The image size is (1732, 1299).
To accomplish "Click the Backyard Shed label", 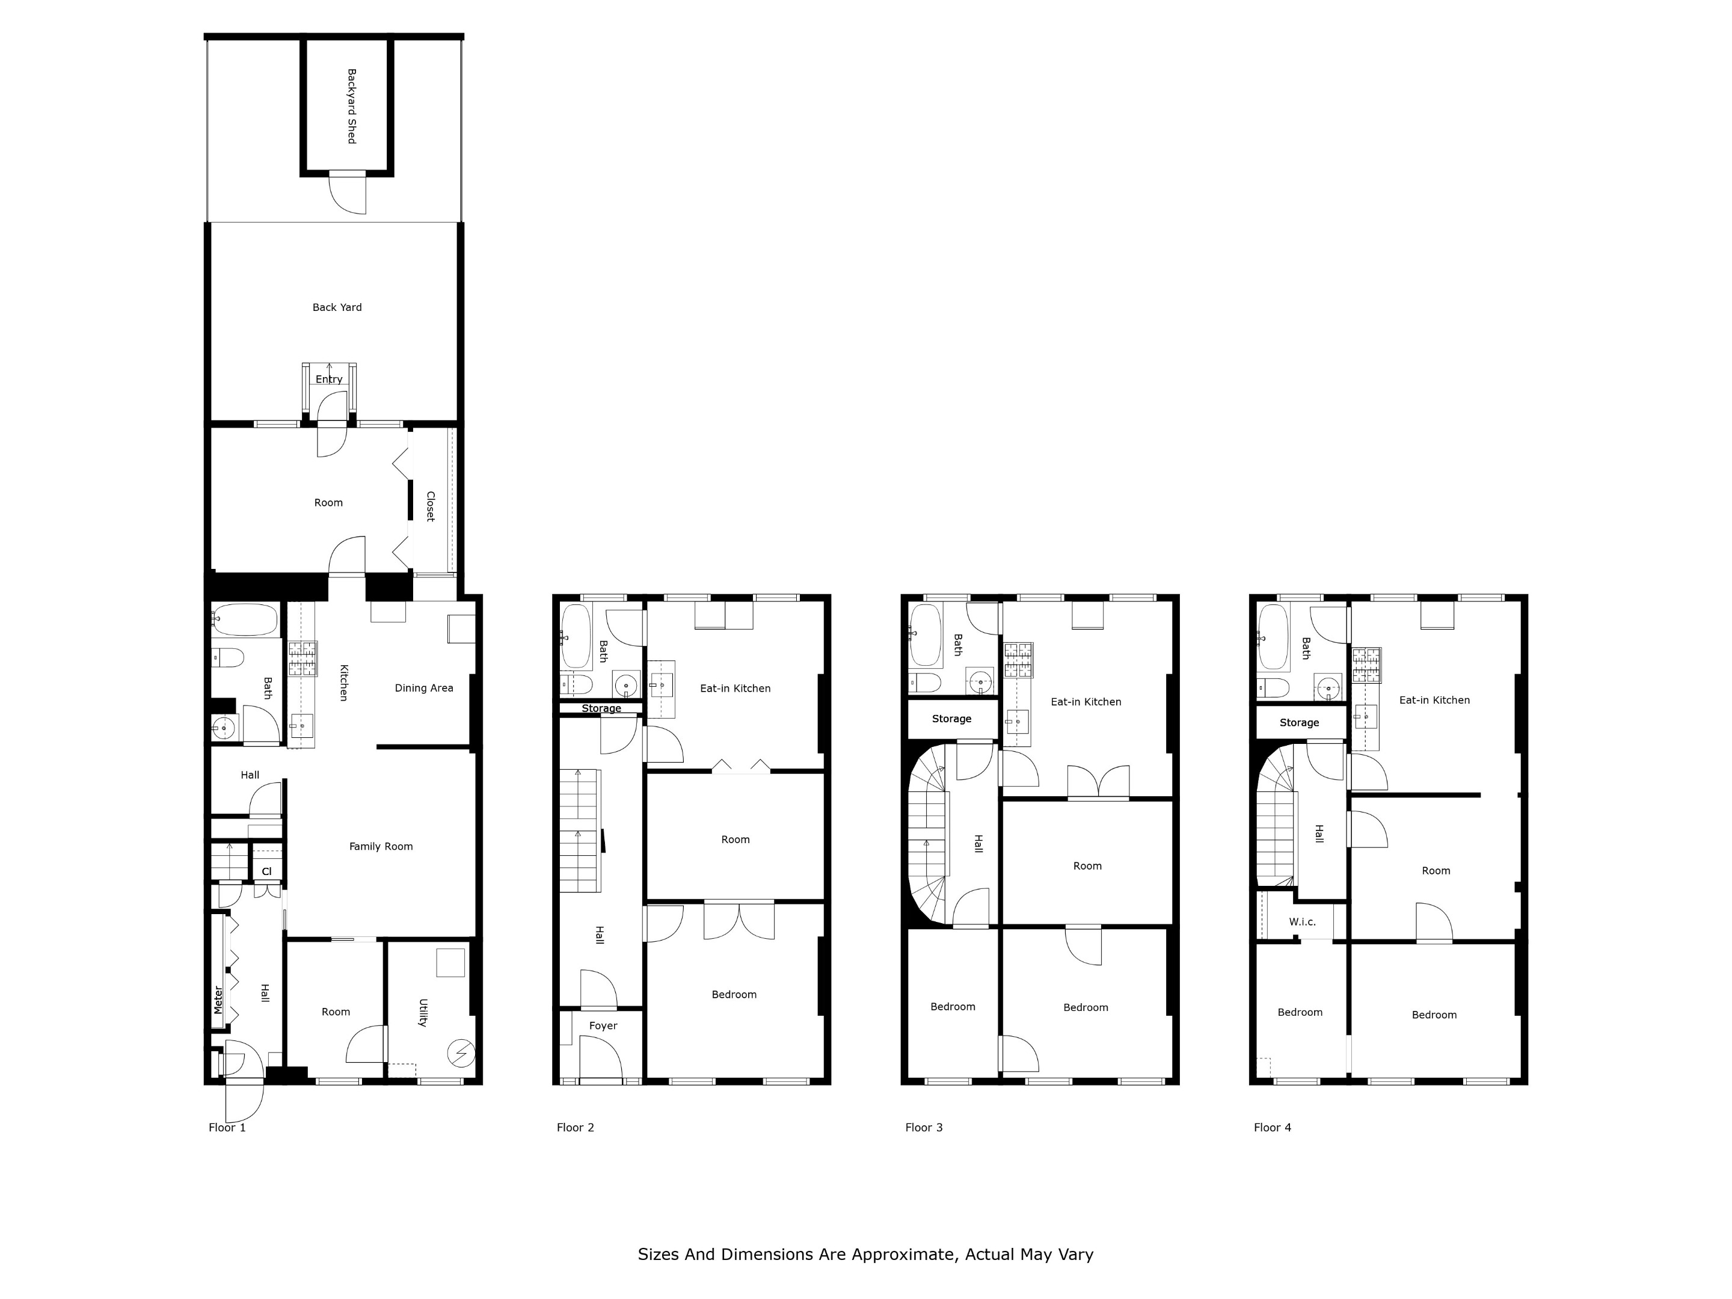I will click(352, 106).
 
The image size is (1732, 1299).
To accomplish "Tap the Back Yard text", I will click(337, 307).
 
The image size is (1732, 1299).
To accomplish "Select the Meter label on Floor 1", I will click(218, 1000).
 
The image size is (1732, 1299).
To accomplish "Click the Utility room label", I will click(423, 1012).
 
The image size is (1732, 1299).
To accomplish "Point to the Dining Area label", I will click(423, 688).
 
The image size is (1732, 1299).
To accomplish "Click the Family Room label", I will click(381, 846).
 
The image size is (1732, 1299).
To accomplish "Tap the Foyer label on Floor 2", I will click(603, 1026).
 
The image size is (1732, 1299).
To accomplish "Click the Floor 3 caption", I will click(924, 1128).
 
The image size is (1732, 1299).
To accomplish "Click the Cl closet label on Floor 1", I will click(266, 871).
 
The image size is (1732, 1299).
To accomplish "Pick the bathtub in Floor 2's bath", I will click(576, 636).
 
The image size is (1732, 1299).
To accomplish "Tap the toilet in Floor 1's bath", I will click(228, 658).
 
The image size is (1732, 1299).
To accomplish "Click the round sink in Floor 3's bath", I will click(980, 683).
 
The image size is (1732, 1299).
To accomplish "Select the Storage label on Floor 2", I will click(601, 708).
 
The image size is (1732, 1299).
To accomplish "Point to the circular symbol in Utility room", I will click(461, 1054).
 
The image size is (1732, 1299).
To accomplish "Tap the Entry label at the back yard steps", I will click(329, 379).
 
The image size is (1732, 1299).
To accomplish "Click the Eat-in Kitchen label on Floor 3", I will click(1086, 702).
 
